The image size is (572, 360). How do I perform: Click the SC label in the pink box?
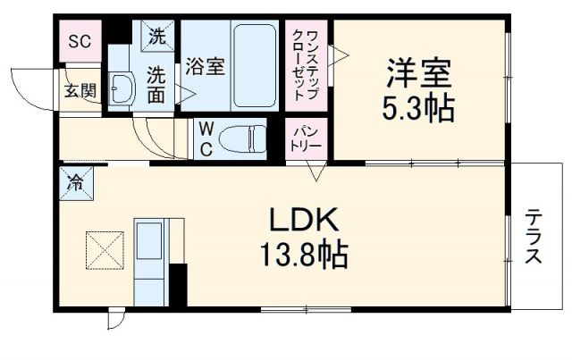click(x=79, y=42)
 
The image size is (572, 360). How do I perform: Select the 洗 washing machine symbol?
click(x=157, y=37)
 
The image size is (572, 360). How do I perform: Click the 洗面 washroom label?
click(x=156, y=84)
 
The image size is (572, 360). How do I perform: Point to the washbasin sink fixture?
click(x=122, y=88)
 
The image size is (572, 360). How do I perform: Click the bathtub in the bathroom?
click(x=257, y=67)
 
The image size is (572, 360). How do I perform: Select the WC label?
click(x=206, y=138)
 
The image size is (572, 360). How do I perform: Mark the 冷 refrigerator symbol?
click(x=76, y=185)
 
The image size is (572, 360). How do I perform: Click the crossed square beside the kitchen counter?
click(x=103, y=250)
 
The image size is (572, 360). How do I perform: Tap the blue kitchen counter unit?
click(x=150, y=259)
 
